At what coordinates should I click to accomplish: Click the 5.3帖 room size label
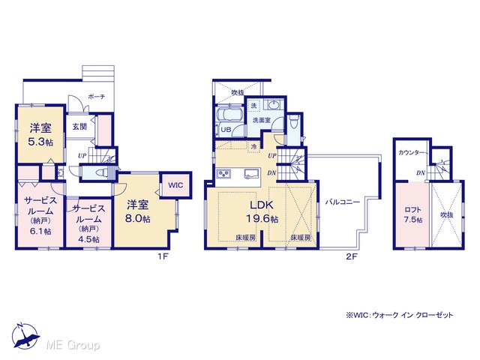40,142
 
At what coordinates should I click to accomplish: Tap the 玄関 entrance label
79,127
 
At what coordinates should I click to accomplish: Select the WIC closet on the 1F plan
175,185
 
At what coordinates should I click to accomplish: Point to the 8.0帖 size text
138,218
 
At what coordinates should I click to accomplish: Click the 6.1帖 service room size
40,232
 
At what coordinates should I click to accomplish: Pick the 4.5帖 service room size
88,239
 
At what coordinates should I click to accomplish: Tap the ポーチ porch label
97,97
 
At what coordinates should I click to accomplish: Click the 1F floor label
163,256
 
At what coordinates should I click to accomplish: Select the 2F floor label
352,256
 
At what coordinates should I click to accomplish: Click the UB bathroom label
226,130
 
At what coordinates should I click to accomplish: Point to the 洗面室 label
262,120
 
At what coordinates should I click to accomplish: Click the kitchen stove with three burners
224,173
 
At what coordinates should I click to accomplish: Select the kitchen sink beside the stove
252,173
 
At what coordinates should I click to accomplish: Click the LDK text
262,205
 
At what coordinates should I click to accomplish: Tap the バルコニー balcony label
342,202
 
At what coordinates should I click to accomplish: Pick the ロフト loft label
413,210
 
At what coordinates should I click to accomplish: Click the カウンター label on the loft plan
412,152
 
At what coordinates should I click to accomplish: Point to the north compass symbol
25,336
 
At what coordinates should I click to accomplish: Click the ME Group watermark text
73,345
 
